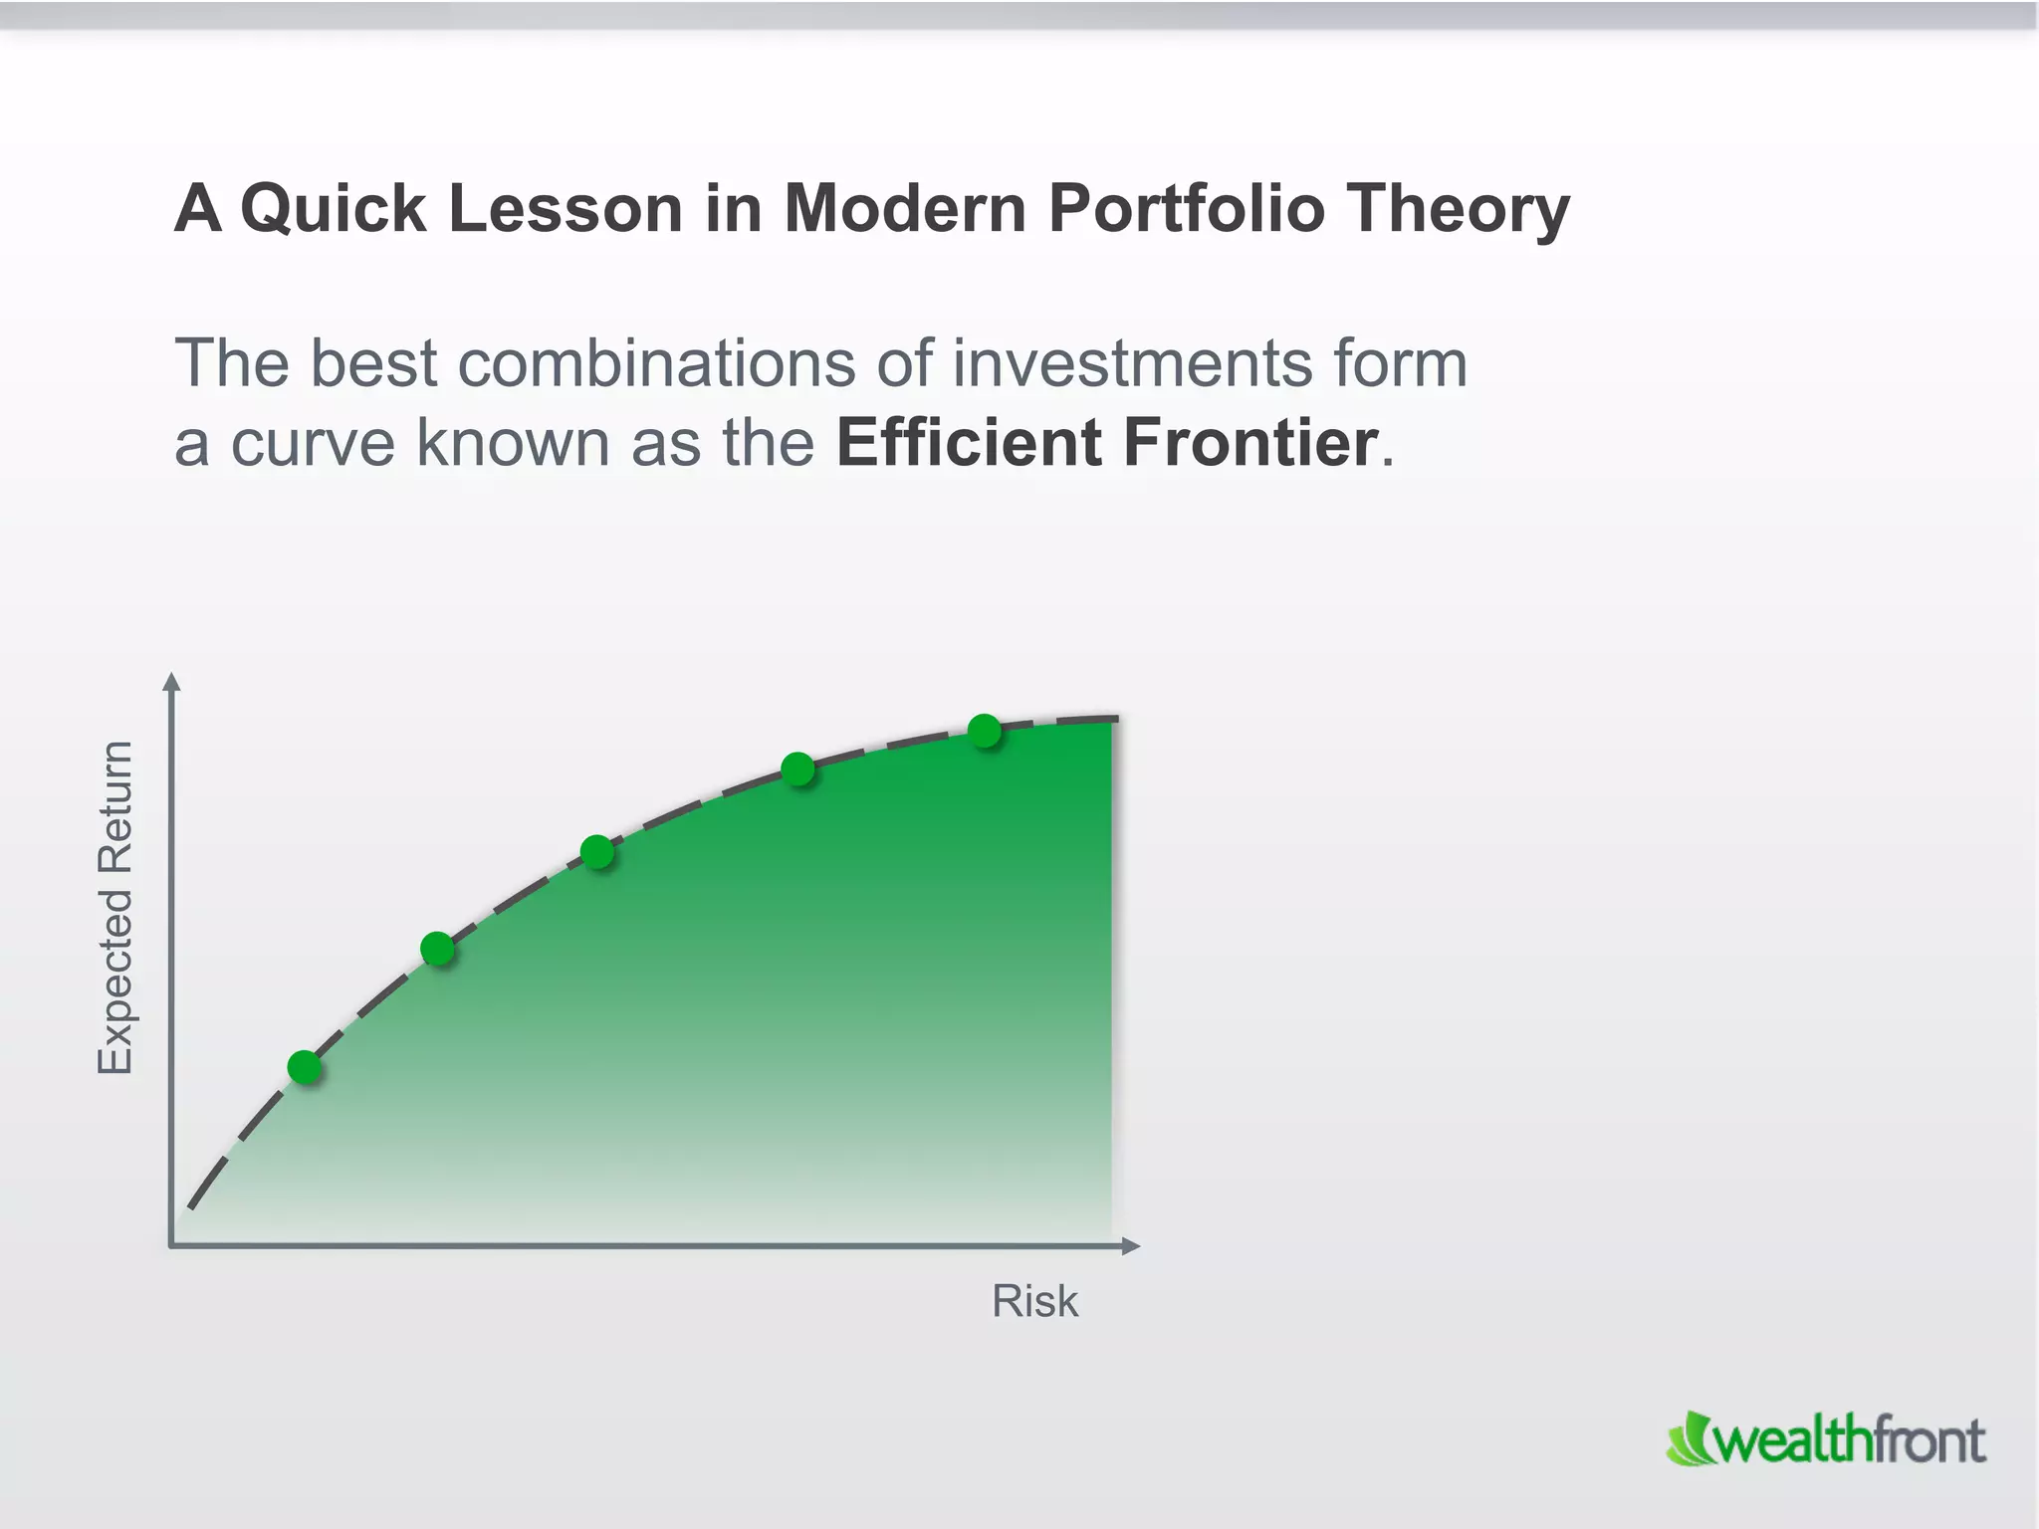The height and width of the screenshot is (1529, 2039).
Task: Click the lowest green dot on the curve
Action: (x=305, y=1067)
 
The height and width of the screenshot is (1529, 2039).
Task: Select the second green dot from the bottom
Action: (x=437, y=949)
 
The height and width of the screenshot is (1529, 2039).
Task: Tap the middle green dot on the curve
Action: (x=596, y=851)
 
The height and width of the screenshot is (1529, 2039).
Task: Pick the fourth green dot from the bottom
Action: (x=797, y=768)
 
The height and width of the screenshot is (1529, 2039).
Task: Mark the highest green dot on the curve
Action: (x=984, y=731)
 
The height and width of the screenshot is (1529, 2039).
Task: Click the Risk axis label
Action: (x=1034, y=1301)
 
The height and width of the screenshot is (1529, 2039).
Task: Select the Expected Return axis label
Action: (x=115, y=907)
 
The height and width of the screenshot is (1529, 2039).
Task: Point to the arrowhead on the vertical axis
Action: (x=172, y=682)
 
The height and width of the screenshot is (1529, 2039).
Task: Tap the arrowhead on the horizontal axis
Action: (x=1130, y=1245)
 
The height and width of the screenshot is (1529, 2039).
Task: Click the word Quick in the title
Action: (x=334, y=209)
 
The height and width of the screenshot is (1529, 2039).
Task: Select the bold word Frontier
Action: (x=1250, y=442)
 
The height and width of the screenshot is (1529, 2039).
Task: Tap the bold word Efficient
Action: (x=968, y=442)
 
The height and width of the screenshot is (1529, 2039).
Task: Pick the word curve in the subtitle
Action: (x=313, y=442)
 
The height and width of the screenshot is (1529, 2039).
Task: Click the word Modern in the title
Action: (x=905, y=209)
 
